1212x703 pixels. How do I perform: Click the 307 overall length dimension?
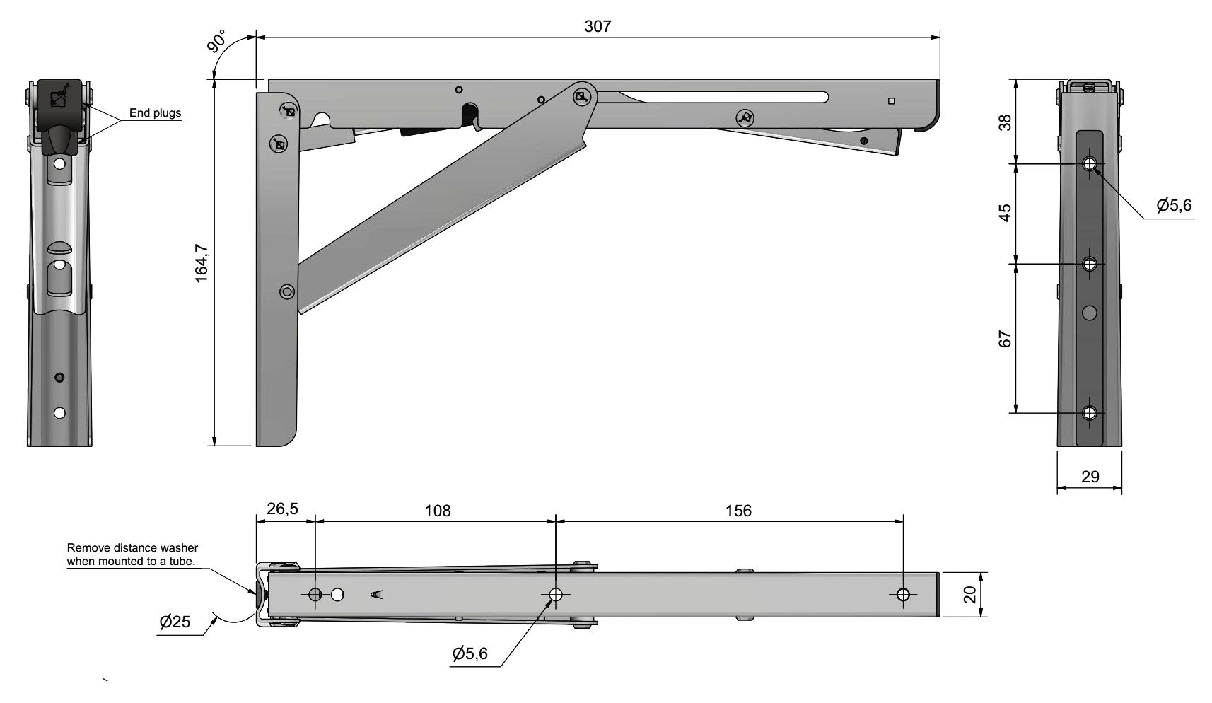[598, 26]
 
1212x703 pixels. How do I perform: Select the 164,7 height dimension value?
[202, 262]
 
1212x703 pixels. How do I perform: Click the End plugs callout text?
[156, 112]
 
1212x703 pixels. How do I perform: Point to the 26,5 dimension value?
[282, 509]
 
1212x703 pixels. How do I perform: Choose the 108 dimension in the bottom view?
[438, 510]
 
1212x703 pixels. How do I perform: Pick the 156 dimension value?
[738, 510]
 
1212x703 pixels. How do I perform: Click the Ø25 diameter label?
[175, 622]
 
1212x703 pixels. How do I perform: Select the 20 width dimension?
[970, 594]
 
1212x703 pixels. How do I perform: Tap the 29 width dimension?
[1090, 477]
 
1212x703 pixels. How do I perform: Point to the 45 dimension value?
[1005, 212]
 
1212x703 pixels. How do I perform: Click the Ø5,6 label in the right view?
[1175, 205]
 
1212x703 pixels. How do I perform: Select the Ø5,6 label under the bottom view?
[470, 653]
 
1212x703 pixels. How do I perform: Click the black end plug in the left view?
[59, 116]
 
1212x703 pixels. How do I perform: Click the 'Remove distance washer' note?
[132, 554]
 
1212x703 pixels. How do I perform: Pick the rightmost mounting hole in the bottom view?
[903, 595]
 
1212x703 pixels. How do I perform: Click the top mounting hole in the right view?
[1090, 164]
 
